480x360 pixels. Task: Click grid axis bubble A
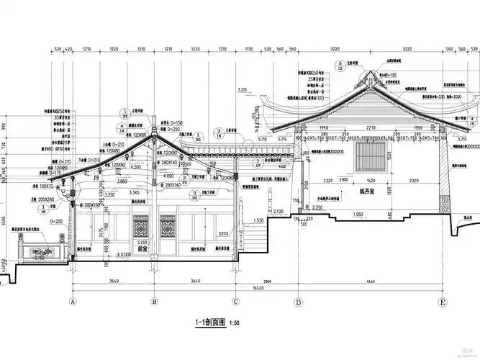[72, 302]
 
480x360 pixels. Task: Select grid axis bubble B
[154, 302]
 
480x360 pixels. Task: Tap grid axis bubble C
[235, 302]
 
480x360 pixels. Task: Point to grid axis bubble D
[298, 302]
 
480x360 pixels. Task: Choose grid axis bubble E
[443, 302]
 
